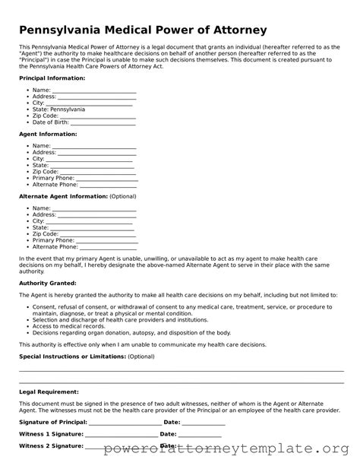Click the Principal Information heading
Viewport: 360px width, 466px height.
(52, 78)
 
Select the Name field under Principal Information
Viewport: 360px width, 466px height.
(94, 90)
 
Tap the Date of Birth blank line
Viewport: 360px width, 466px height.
(103, 122)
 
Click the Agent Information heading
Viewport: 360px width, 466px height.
(48, 134)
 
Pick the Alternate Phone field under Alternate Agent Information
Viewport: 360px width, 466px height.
(108, 247)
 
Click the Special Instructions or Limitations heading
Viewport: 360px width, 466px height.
(71, 356)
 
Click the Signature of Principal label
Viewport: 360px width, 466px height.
(53, 422)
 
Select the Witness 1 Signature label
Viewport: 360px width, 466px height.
(51, 434)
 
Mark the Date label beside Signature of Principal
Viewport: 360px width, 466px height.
(172, 422)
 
